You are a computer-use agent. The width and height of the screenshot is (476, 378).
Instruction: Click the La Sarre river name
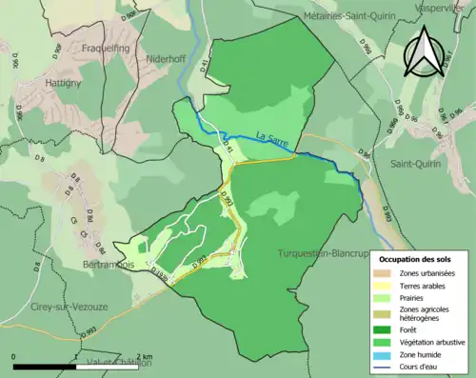point(272,136)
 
